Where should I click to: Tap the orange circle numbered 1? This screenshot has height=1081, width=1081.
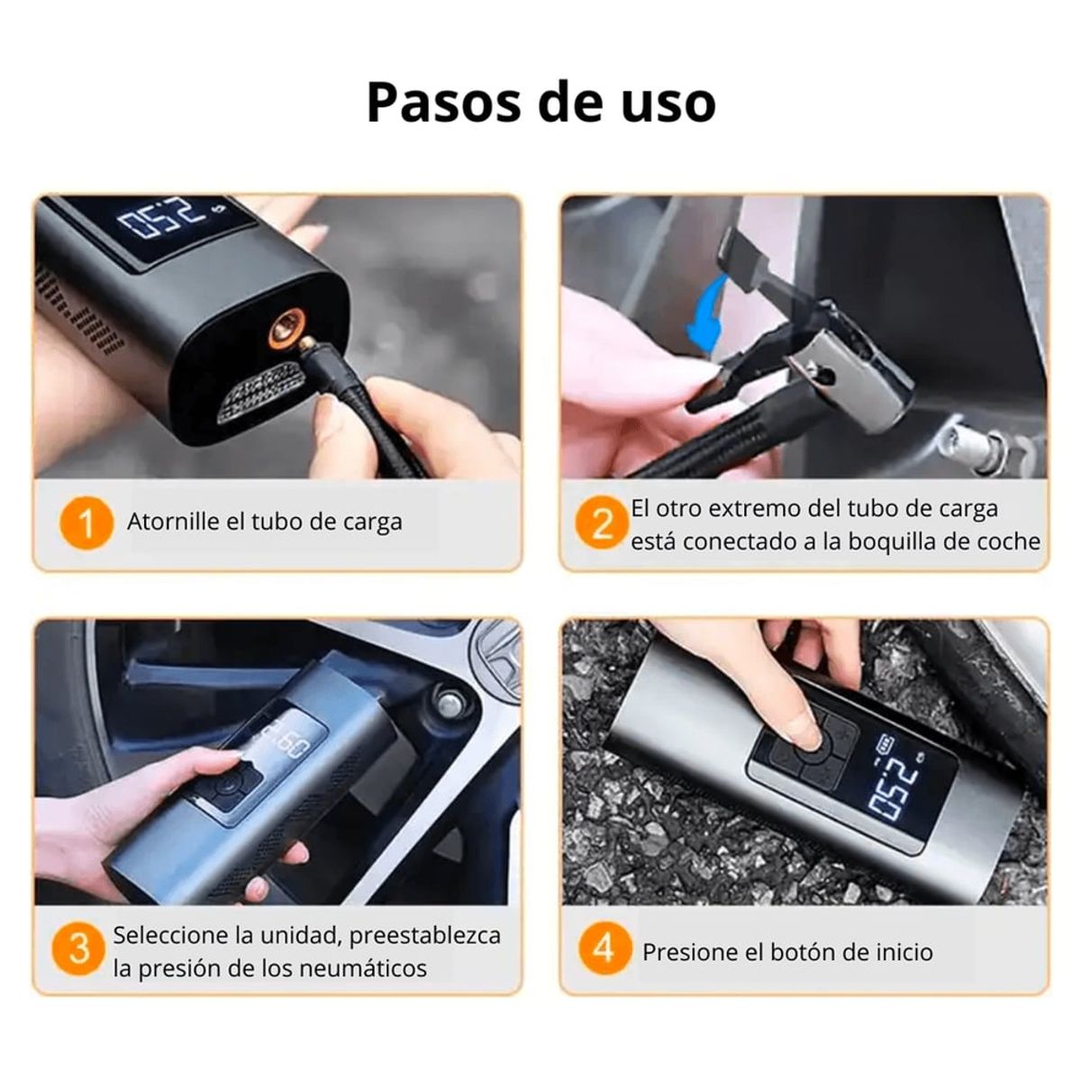click(x=86, y=522)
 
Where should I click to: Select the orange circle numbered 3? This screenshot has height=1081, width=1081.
click(x=78, y=950)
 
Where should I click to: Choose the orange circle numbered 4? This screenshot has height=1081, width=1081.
click(x=604, y=948)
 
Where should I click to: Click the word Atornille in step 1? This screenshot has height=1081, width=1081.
click(x=173, y=522)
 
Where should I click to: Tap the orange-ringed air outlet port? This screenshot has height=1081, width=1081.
click(x=286, y=331)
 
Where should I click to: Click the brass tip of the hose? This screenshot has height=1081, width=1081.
click(x=308, y=342)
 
